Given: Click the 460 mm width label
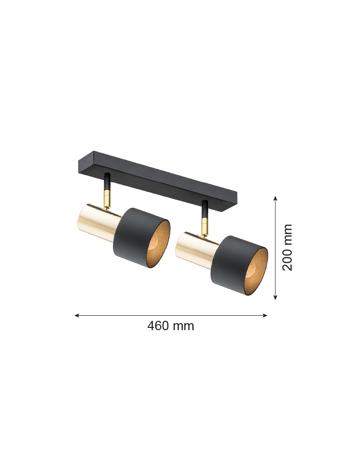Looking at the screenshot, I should (171, 326).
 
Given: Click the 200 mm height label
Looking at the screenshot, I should (288, 247).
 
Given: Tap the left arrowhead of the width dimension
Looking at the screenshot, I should (76, 315).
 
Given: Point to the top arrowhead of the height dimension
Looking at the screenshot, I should (275, 199).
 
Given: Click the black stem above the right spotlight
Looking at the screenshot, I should (204, 209).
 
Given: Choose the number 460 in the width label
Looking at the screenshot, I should (158, 326).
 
